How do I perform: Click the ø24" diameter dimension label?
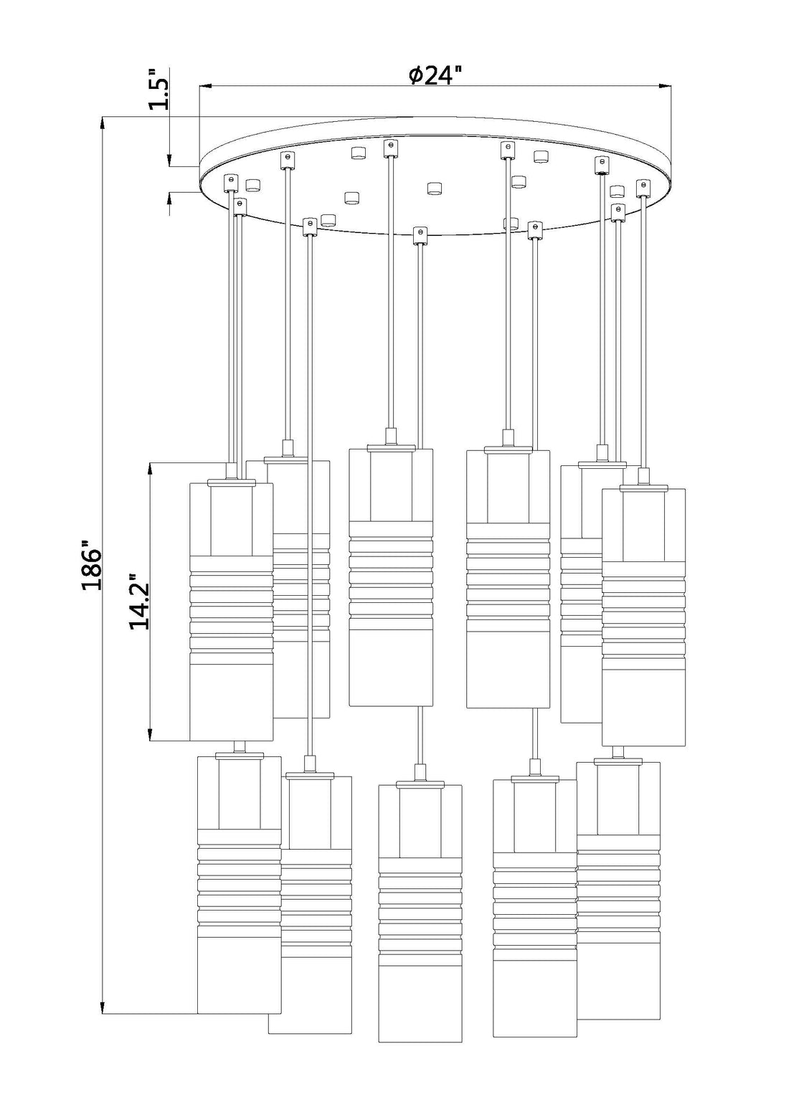436,75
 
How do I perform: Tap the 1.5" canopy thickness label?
159,89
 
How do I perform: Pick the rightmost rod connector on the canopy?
643,187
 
